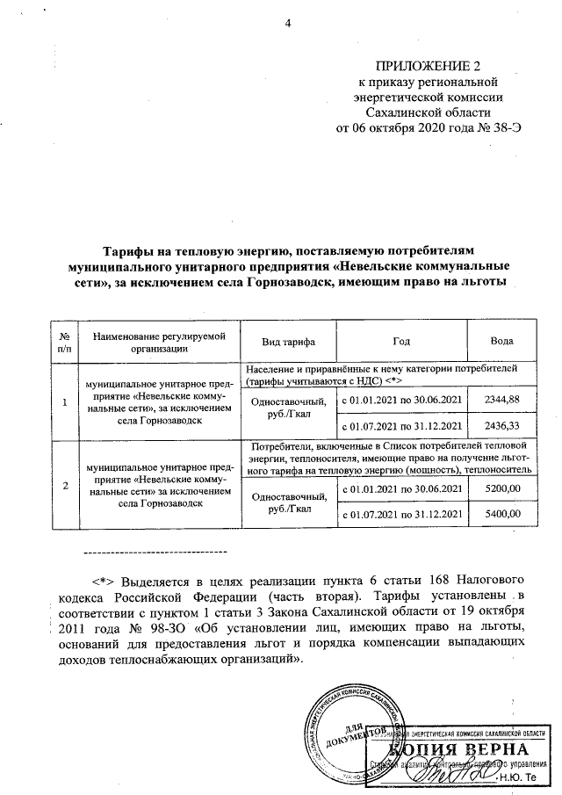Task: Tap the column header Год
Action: point(401,342)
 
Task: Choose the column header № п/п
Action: point(63,342)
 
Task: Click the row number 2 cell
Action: point(63,484)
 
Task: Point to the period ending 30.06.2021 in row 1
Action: point(401,401)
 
